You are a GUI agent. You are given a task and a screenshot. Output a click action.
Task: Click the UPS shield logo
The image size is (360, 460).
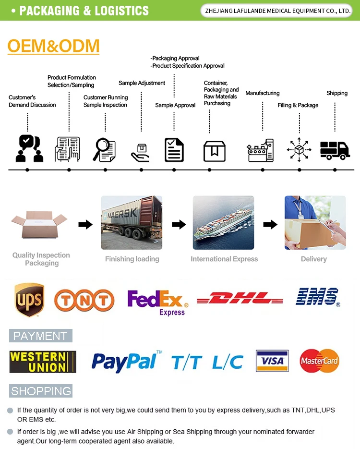[29, 300]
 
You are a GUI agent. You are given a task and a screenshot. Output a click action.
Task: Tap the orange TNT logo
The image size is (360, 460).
[84, 301]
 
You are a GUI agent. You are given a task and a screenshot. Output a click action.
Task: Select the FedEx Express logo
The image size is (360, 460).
[157, 302]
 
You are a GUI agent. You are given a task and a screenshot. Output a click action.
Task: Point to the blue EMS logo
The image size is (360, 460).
[317, 297]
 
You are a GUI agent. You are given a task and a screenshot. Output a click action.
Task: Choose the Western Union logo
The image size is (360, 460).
[43, 362]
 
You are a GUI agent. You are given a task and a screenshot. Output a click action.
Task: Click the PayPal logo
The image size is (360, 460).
[126, 361]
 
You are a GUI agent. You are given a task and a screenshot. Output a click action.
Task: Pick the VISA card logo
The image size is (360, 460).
[272, 361]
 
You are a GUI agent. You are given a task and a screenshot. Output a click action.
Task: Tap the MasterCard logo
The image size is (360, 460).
[319, 361]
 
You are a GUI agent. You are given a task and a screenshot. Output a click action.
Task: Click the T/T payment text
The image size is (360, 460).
[186, 362]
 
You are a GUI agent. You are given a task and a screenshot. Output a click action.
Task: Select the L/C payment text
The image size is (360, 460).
[228, 362]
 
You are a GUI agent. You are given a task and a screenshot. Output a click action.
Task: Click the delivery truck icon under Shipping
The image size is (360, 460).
[335, 150]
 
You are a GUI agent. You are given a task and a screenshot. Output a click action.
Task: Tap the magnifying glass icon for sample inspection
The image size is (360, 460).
[105, 149]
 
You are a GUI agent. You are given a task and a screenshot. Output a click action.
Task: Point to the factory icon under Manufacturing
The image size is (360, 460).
[261, 150]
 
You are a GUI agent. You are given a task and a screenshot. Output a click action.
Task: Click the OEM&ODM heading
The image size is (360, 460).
[53, 46]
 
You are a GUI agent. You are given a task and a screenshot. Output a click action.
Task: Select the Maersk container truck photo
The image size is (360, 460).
[132, 222]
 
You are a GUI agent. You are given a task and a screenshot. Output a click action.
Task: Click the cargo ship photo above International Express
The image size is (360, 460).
[223, 222]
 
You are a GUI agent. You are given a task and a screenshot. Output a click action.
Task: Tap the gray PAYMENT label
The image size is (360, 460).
[40, 336]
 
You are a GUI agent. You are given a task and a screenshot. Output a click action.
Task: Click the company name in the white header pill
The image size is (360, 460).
[278, 11]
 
